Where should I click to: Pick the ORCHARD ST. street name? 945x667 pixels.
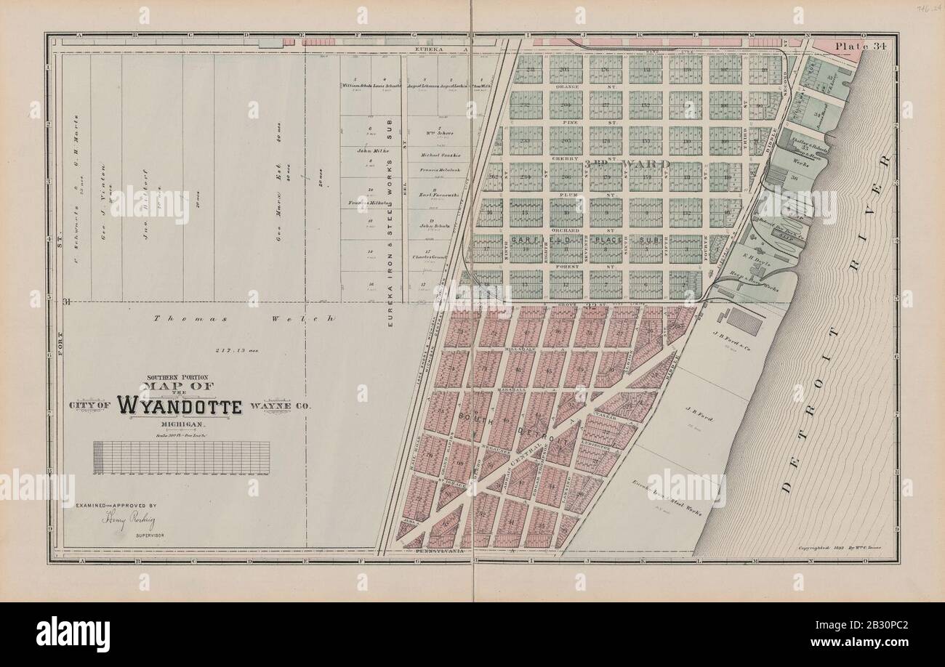click(569, 230)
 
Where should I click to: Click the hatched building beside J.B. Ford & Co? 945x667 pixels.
click(745, 321)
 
